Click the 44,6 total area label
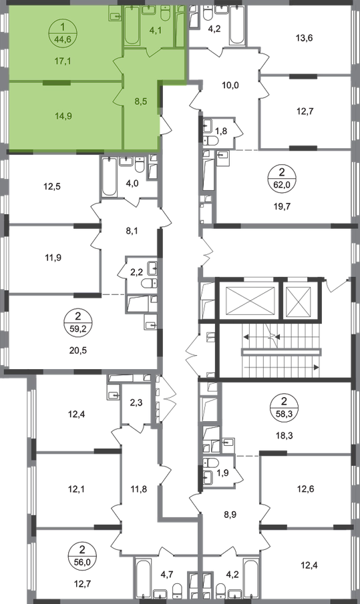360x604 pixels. point(63,39)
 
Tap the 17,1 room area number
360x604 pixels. point(62,61)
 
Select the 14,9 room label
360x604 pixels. point(63,115)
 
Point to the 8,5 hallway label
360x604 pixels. point(142,101)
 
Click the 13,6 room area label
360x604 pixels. point(305,38)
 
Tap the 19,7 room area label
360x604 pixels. point(283,206)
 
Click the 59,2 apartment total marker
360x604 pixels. point(79,329)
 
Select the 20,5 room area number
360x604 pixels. point(79,350)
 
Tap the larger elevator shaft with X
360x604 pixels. point(250,300)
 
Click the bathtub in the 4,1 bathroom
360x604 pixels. point(132,25)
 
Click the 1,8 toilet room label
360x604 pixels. point(221,131)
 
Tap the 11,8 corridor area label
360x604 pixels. point(139,489)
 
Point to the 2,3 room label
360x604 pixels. point(136,403)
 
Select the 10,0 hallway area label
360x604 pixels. point(231,85)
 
